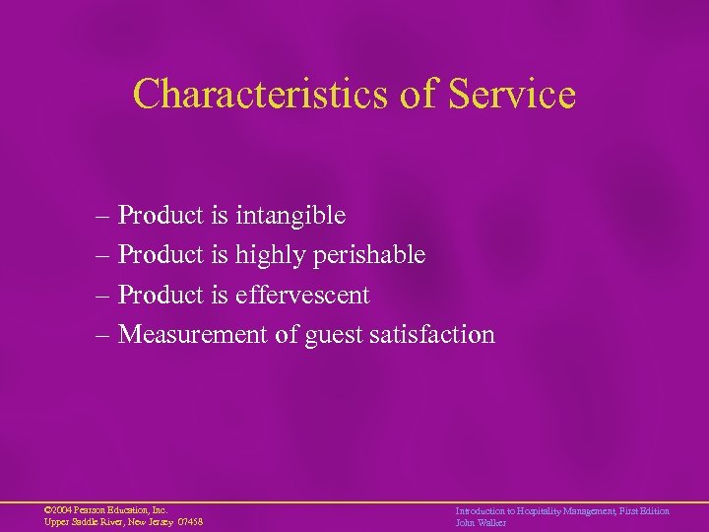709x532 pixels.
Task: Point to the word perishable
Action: pos(368,255)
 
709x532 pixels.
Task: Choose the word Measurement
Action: pos(193,335)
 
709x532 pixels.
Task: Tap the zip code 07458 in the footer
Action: pos(189,522)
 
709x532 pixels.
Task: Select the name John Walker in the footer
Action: pos(480,522)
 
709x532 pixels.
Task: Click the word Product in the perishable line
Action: pos(161,255)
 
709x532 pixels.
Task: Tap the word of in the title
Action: pos(412,95)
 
